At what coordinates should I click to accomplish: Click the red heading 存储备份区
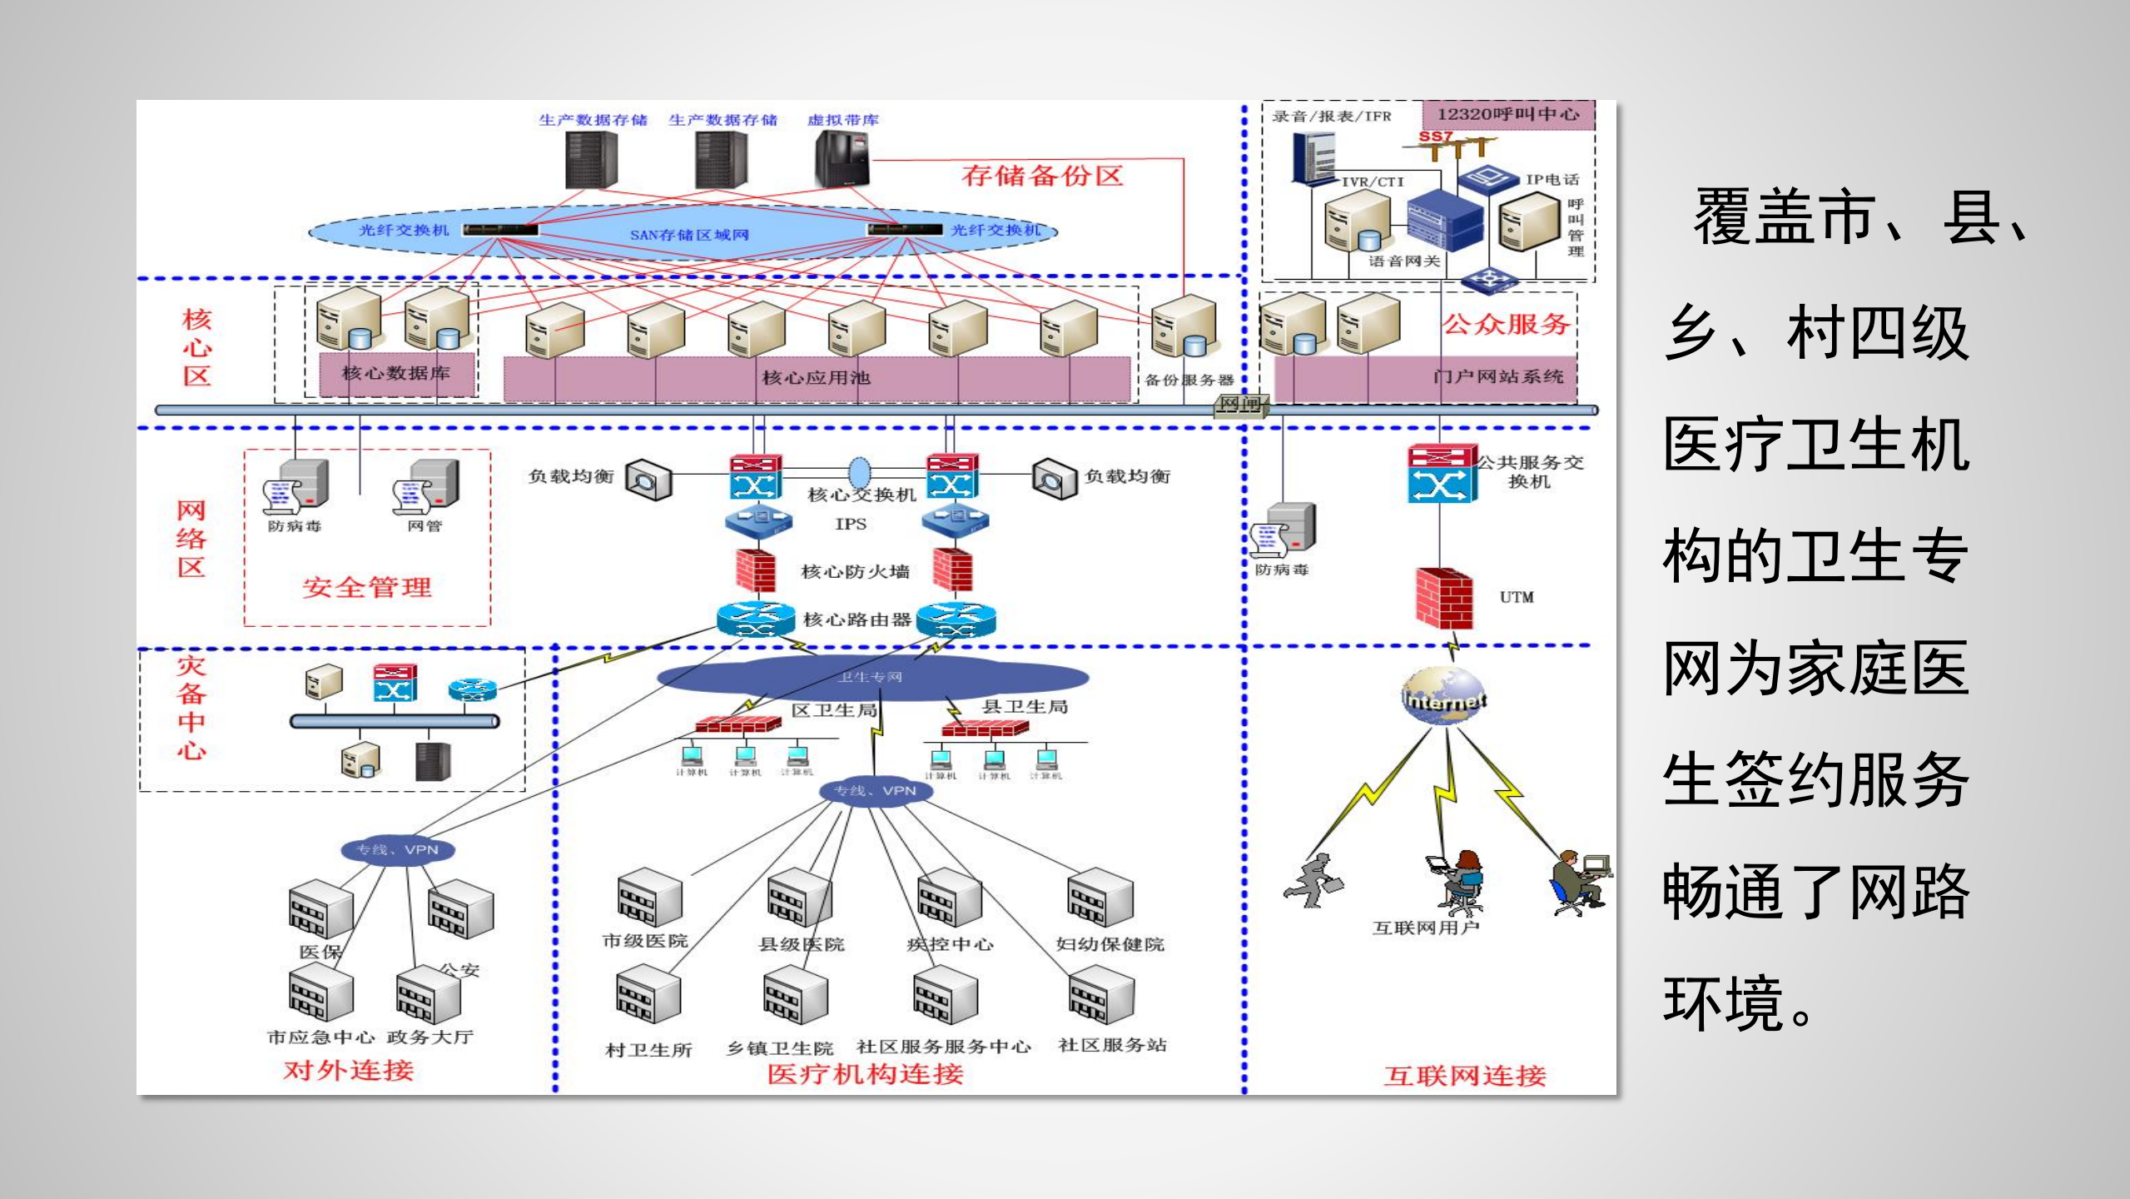[x=1042, y=176]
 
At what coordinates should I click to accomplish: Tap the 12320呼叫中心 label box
[x=1508, y=115]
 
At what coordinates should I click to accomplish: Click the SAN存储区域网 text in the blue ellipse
[x=689, y=235]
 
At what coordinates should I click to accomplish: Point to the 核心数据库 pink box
[x=396, y=374]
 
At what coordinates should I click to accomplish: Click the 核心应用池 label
[x=816, y=378]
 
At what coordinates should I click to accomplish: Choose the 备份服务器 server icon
[x=1184, y=326]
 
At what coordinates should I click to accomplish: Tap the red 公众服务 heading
[x=1506, y=323]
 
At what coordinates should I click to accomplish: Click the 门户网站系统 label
[x=1497, y=376]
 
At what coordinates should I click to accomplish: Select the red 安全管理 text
[x=367, y=587]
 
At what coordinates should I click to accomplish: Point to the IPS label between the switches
[x=851, y=524]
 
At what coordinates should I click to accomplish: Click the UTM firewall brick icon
[x=1444, y=598]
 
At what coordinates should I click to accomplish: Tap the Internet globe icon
[x=1444, y=696]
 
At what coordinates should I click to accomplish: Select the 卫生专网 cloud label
[x=870, y=677]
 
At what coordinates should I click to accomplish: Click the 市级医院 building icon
[x=649, y=898]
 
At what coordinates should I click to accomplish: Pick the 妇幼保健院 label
[x=1110, y=944]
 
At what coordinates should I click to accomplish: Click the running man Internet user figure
[x=1313, y=881]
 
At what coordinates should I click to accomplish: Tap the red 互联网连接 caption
[x=1464, y=1076]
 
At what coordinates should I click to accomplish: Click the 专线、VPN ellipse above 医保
[x=398, y=850]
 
